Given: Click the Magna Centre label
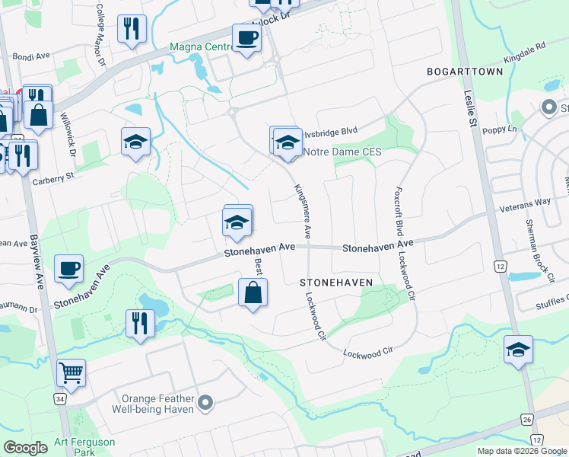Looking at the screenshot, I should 201,46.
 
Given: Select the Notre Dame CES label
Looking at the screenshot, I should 342,152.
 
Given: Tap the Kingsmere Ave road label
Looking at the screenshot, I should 300,209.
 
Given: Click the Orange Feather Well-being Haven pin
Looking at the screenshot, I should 205,401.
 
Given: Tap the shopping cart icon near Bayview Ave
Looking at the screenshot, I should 71,372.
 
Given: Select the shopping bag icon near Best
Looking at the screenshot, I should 253,292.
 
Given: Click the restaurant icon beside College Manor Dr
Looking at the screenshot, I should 132,28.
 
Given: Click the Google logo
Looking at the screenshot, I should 25,448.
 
